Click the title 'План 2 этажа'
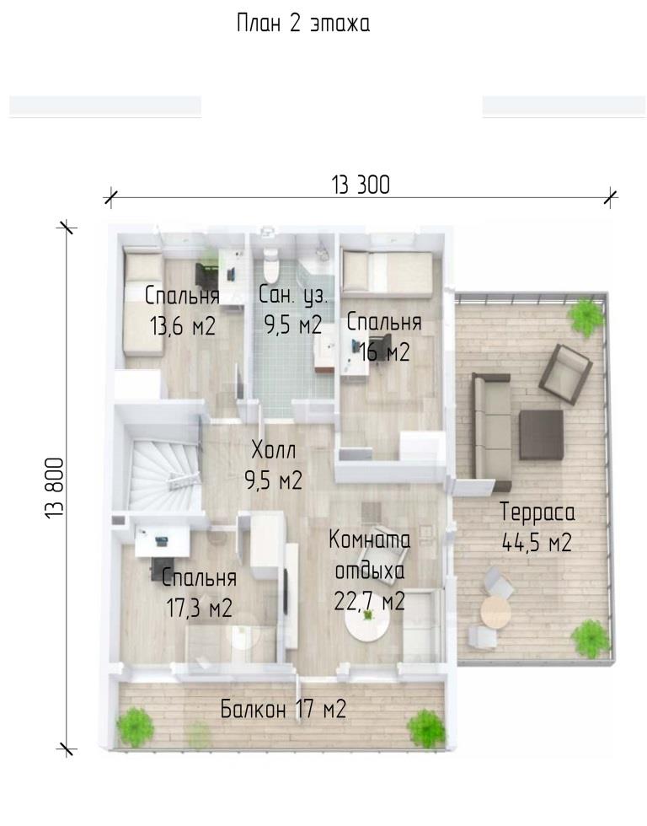click(303, 24)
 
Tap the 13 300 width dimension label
click(361, 185)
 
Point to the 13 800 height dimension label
click(54, 488)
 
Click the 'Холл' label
click(274, 450)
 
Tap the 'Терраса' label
click(537, 512)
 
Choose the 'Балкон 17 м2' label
click(283, 709)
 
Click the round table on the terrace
click(495, 612)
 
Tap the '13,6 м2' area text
click(183, 327)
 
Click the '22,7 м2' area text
click(369, 600)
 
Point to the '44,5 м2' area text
click(537, 542)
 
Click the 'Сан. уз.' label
click(292, 296)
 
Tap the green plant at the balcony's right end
click(426, 729)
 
